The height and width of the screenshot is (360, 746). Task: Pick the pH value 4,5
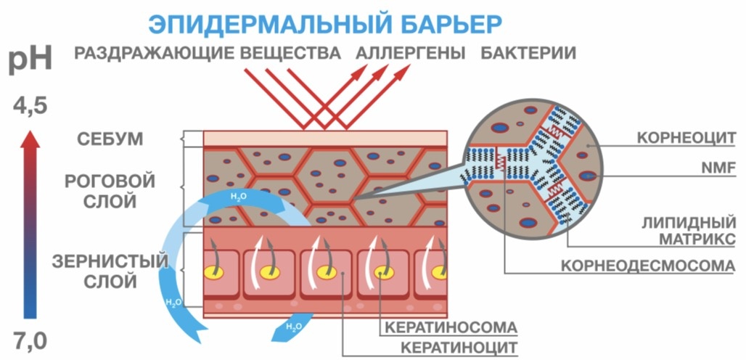(30, 107)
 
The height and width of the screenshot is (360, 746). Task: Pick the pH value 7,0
(30, 339)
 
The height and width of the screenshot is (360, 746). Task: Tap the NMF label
(721, 168)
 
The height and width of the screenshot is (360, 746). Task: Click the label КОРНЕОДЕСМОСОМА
(648, 265)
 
